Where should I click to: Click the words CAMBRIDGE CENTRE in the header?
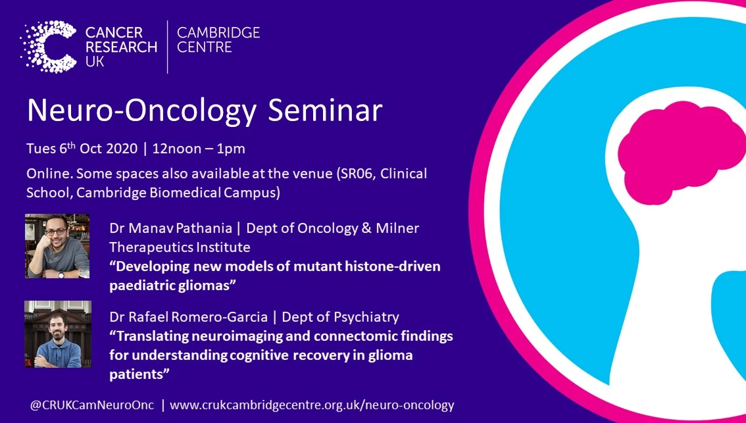(x=218, y=40)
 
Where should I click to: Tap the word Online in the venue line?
(x=47, y=174)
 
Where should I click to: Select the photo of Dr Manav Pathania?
(x=57, y=246)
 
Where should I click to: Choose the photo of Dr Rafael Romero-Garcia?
(x=57, y=334)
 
